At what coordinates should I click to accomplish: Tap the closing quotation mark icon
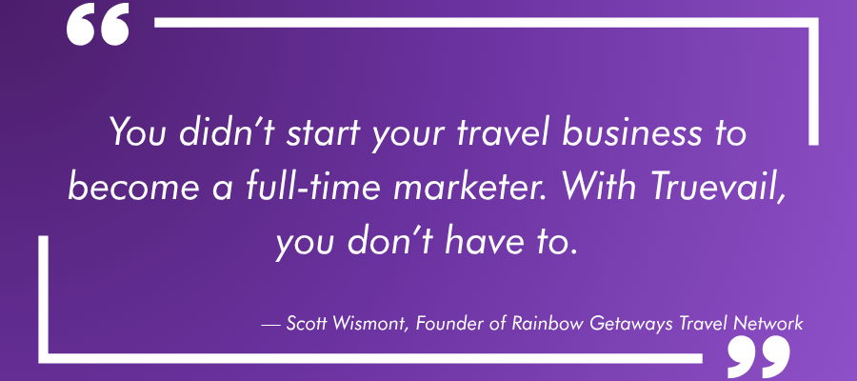click(758, 355)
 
